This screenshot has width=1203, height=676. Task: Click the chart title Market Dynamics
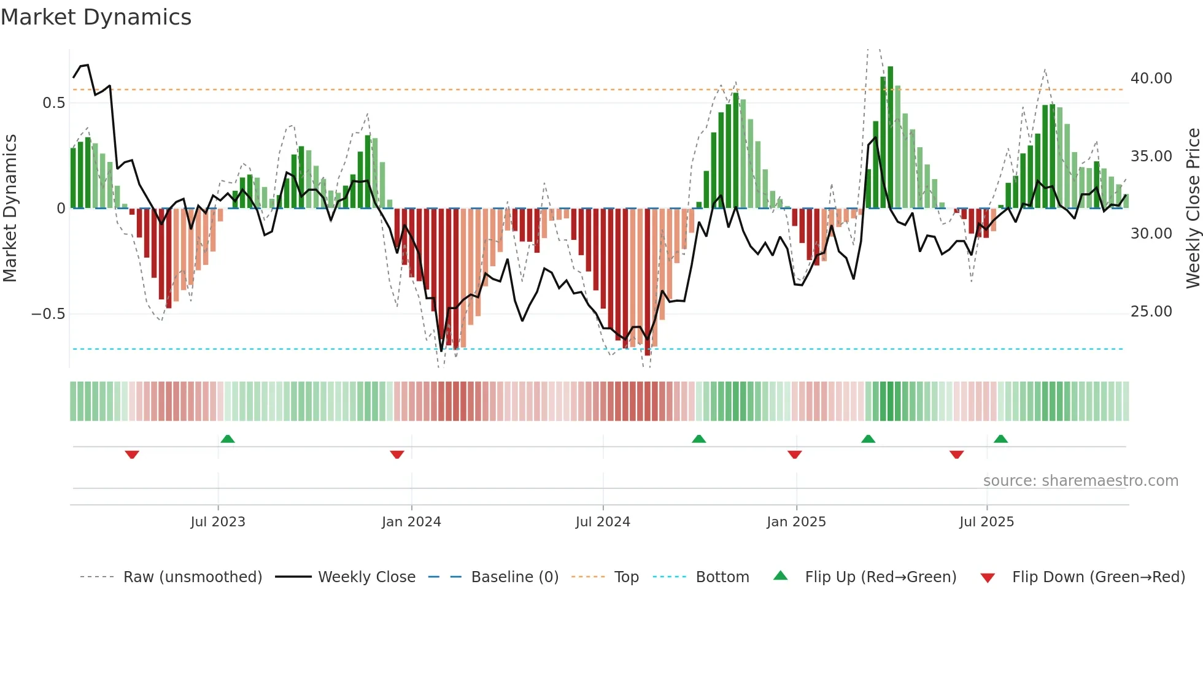(x=96, y=17)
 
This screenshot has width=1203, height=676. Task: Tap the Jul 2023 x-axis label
(x=218, y=522)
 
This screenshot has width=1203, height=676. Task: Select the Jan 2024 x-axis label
(x=411, y=522)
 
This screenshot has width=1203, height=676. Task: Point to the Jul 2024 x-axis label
(x=603, y=522)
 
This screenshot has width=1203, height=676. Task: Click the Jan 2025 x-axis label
(x=796, y=522)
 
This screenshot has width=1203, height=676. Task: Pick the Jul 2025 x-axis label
(x=986, y=522)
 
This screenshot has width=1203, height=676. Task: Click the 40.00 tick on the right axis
(x=1151, y=79)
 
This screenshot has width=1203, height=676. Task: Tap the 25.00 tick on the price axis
(x=1151, y=312)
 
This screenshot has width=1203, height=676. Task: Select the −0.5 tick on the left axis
(x=48, y=314)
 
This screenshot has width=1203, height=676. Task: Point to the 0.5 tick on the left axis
(x=53, y=103)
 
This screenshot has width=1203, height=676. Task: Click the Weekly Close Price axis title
(x=1193, y=209)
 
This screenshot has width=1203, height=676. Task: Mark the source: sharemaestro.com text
(x=1080, y=481)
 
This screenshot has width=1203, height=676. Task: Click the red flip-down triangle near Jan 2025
(x=795, y=455)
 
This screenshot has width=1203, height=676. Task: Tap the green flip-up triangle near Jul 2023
(x=228, y=439)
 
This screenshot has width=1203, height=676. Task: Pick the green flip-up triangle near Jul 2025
(x=1001, y=439)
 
